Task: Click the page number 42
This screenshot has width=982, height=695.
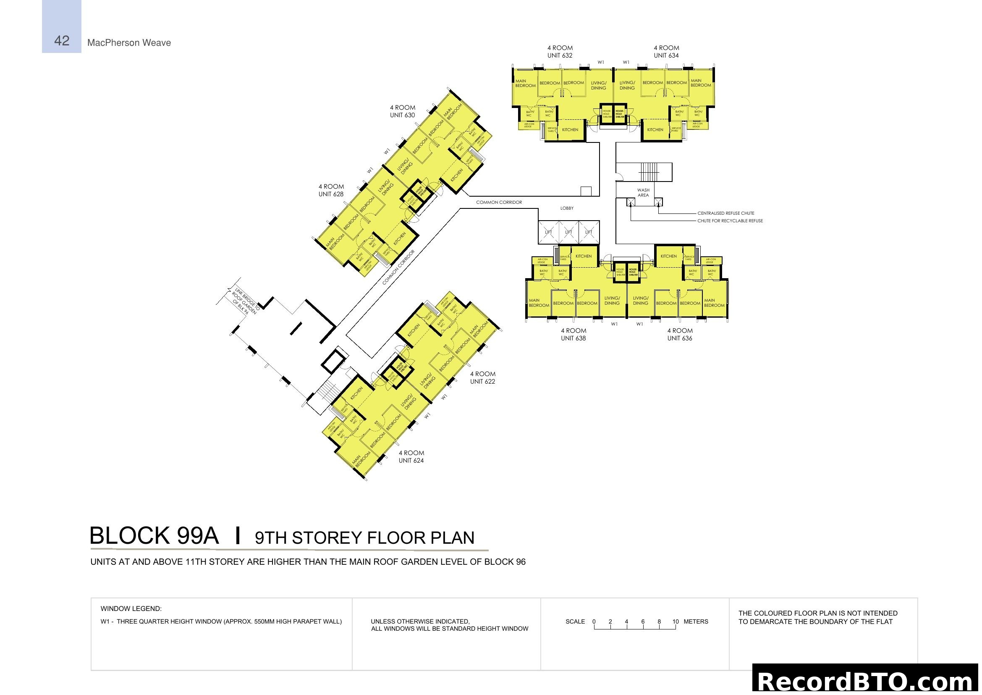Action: [x=62, y=41]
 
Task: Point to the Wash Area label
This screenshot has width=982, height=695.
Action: [x=643, y=192]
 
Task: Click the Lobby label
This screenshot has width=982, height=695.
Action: [x=567, y=208]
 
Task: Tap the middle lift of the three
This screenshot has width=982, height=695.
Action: [x=568, y=232]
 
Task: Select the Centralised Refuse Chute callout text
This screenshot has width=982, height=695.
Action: [x=726, y=213]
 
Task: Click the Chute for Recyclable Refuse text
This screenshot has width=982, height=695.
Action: [x=730, y=221]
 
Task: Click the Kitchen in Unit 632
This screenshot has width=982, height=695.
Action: [x=570, y=130]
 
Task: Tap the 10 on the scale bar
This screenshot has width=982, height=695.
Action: [x=676, y=621]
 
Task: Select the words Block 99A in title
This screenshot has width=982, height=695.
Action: [x=154, y=536]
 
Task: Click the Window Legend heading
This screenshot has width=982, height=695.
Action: [x=131, y=608]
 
